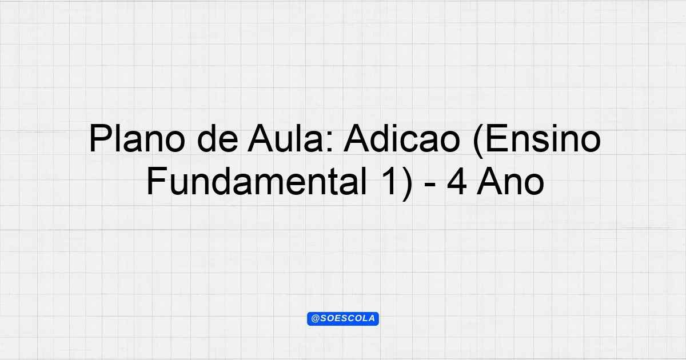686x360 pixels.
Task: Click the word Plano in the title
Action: pos(137,138)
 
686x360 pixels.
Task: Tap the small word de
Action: pos(217,138)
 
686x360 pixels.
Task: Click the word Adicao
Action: pos(402,138)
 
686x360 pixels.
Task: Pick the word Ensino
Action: pos(543,138)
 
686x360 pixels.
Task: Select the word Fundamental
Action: pos(257,181)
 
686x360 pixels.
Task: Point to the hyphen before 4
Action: pos(430,185)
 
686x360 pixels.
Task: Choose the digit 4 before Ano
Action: pos(457,181)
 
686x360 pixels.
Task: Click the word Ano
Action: pos(510,181)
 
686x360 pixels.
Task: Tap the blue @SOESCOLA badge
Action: pos(343,319)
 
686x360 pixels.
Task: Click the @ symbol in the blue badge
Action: pos(315,319)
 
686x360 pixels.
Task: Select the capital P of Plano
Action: pos(99,138)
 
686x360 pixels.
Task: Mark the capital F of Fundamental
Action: pos(157,181)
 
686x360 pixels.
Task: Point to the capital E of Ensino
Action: pos(497,138)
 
